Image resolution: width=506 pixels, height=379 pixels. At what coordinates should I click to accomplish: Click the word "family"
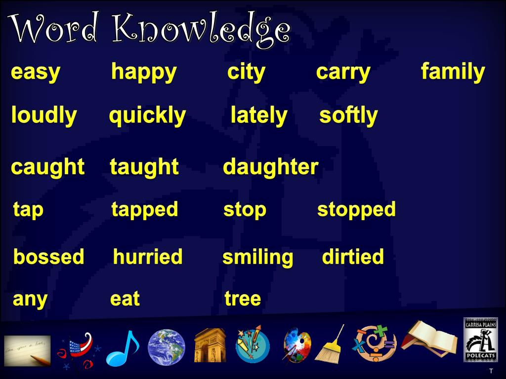453,72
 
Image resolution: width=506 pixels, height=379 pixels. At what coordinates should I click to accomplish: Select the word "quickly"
147,116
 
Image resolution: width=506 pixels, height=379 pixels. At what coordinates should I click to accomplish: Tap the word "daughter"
270,167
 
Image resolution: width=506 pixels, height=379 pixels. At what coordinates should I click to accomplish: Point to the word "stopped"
356,210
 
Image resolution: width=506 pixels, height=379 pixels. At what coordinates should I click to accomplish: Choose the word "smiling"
257,258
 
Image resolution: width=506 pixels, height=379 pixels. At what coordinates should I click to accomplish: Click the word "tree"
242,299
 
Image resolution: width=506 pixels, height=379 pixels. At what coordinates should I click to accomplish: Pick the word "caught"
47,167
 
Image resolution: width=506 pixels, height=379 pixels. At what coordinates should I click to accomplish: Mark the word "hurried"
148,257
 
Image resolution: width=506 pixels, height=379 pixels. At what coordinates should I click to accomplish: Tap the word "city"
246,73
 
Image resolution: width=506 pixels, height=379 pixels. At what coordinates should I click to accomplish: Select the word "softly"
348,116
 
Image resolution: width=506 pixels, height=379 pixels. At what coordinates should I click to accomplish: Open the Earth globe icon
167,347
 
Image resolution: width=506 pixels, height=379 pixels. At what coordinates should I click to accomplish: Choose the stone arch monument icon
210,345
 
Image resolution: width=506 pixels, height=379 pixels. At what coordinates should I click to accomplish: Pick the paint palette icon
296,345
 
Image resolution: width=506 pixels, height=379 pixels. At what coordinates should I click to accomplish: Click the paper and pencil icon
28,350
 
